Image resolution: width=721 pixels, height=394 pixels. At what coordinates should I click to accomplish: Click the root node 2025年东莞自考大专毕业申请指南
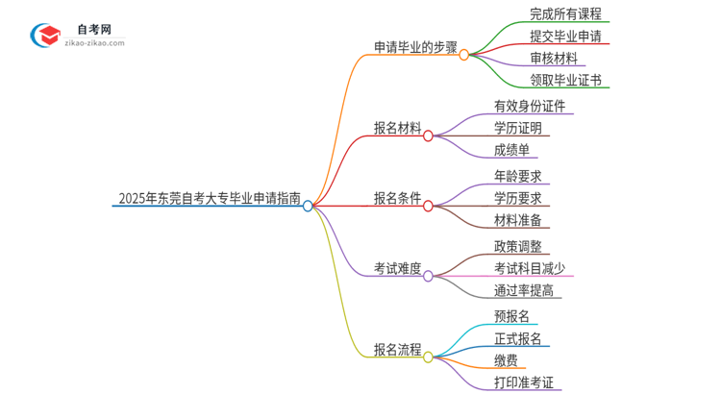(209, 199)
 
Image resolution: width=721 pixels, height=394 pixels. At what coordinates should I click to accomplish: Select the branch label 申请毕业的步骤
(415, 46)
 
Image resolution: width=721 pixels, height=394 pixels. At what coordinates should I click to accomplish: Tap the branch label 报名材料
(397, 128)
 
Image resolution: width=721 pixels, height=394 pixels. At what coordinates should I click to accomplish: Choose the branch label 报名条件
(397, 199)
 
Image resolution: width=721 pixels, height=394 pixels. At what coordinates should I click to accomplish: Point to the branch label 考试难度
(397, 269)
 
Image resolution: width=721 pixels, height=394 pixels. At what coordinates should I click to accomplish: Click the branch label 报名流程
(397, 350)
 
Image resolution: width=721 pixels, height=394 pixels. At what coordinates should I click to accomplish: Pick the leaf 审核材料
(554, 58)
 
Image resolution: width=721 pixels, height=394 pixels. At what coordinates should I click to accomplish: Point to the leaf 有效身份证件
(529, 106)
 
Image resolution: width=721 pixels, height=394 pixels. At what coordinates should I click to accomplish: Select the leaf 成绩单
(511, 150)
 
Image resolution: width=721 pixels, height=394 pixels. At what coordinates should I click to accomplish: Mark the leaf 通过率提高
(524, 291)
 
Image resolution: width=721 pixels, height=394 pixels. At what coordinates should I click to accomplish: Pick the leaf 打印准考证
(524, 382)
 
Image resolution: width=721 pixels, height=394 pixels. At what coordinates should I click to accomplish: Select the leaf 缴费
(506, 360)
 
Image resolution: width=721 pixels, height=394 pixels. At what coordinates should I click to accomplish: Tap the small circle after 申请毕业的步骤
(463, 55)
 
